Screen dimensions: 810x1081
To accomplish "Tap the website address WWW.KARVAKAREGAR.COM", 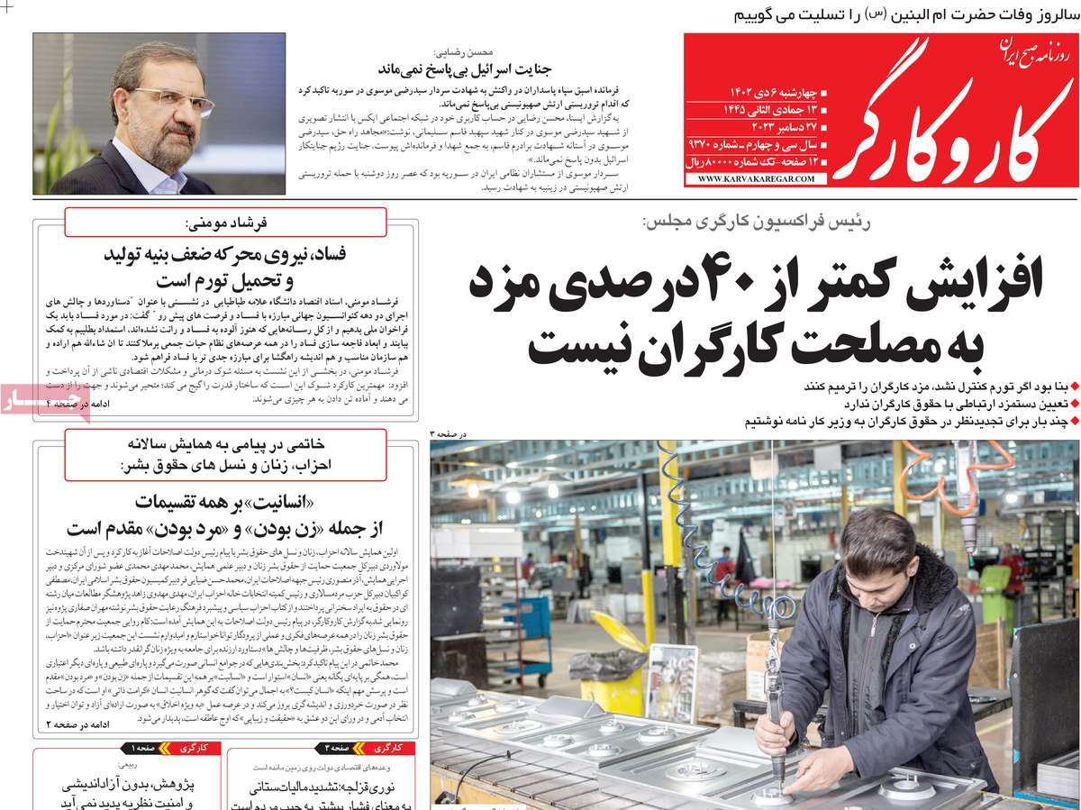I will pos(755,179).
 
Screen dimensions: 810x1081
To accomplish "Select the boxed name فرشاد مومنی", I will pos(225,222).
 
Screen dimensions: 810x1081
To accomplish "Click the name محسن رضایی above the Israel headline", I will pos(459,52).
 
